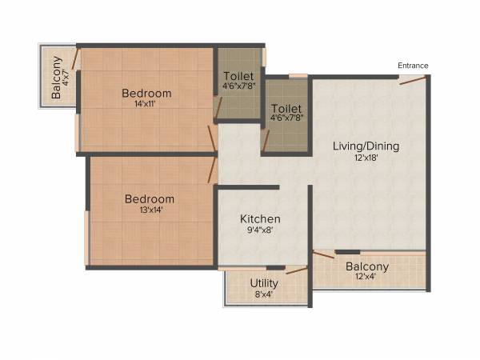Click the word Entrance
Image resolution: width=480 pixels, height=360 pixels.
coord(413,66)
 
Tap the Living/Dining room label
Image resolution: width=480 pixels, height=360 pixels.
coord(366,146)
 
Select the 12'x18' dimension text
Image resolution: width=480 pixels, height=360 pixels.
coord(366,158)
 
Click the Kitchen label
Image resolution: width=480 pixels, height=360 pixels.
coord(261,218)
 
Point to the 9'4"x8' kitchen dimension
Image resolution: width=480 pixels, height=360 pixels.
coord(261,230)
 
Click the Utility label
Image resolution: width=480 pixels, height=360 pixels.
coord(264,283)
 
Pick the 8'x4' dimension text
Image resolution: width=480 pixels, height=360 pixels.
coord(264,294)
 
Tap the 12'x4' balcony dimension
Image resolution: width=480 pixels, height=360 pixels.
coord(366,277)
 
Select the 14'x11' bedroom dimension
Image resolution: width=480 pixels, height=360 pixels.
coord(146,105)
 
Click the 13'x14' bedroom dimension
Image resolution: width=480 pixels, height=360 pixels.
coord(149,210)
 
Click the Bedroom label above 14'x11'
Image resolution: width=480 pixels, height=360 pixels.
coord(146,94)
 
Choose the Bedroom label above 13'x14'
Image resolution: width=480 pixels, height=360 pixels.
coord(149,199)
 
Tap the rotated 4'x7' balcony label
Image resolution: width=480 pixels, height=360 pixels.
coord(56,78)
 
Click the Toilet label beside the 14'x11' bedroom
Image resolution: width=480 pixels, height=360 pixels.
coord(239,77)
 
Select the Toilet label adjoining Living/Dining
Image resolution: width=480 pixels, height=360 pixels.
coord(286,108)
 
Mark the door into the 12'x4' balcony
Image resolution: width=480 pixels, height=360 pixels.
coord(324,255)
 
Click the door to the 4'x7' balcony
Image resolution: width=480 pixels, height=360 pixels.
coord(75,58)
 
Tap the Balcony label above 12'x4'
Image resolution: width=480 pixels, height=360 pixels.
coord(367,266)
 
